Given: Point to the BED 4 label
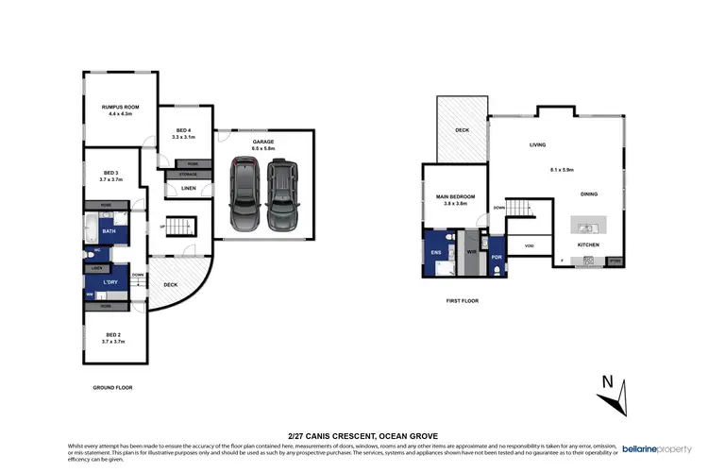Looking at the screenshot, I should click(183, 131).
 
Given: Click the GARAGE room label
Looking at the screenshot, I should click(262, 142).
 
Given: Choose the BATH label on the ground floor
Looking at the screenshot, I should click(110, 231).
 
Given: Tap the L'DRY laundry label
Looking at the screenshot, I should click(108, 282).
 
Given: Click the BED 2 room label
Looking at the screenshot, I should click(113, 335).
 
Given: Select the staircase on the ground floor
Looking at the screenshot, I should click(177, 228).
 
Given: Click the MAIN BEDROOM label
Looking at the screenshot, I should click(454, 197).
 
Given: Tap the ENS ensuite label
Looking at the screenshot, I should click(436, 253).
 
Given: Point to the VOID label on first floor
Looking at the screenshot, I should click(529, 246).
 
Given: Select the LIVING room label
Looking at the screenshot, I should click(538, 145).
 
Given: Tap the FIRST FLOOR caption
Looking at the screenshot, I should click(463, 301).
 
